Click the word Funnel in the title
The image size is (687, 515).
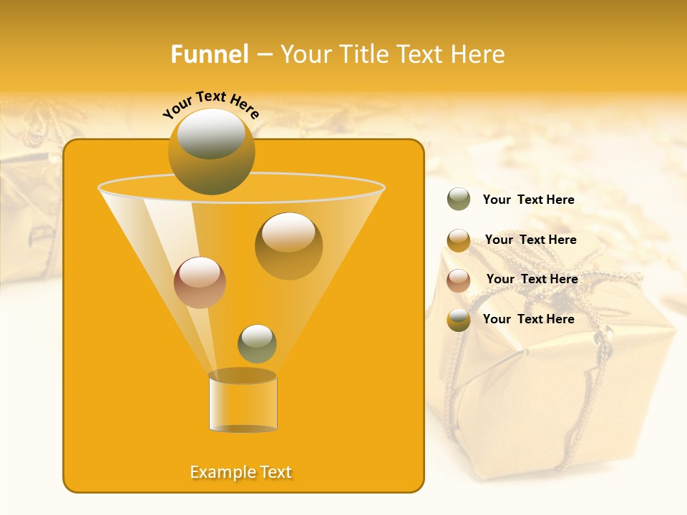click(209, 54)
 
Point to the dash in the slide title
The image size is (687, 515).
click(263, 54)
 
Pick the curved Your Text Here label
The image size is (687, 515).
click(210, 104)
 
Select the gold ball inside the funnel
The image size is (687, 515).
click(288, 247)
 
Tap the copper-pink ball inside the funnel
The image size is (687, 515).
click(200, 283)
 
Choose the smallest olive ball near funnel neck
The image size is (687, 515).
click(257, 344)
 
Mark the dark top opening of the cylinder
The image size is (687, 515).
click(243, 376)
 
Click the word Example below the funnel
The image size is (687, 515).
click(223, 472)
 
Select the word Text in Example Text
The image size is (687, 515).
click(275, 472)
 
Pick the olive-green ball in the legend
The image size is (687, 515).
click(459, 200)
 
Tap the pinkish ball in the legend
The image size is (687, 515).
click(459, 280)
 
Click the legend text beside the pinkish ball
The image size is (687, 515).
click(532, 279)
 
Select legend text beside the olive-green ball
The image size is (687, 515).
click(528, 200)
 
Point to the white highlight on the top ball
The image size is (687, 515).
click(210, 134)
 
